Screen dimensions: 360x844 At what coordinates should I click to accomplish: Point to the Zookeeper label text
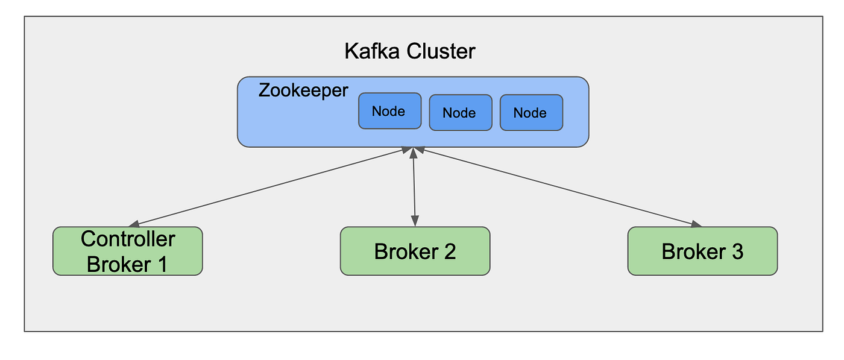pyautogui.click(x=303, y=90)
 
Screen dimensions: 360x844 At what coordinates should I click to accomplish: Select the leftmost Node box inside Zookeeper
pyautogui.click(x=389, y=111)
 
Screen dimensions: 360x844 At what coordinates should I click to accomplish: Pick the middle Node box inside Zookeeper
pyautogui.click(x=460, y=112)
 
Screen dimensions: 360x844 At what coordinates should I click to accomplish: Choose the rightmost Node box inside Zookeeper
pyautogui.click(x=531, y=112)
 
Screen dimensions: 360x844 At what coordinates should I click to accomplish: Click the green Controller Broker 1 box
pyautogui.click(x=127, y=251)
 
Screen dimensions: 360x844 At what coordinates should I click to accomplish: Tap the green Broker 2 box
pyautogui.click(x=415, y=251)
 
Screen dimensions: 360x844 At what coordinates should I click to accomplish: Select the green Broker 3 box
pyautogui.click(x=702, y=251)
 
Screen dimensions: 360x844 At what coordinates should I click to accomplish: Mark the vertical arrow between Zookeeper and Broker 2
pyautogui.click(x=414, y=187)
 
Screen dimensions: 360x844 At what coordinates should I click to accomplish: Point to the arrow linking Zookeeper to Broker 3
pyautogui.click(x=555, y=187)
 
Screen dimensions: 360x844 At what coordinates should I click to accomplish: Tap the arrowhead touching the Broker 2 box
pyautogui.click(x=415, y=222)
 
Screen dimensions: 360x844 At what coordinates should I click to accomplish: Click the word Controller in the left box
pyautogui.click(x=128, y=239)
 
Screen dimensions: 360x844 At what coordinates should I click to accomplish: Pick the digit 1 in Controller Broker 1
pyautogui.click(x=161, y=264)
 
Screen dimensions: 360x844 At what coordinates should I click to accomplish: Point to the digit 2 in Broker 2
pyautogui.click(x=449, y=251)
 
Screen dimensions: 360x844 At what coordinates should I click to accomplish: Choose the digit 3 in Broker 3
pyautogui.click(x=737, y=251)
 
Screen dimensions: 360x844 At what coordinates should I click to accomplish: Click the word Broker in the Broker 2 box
pyautogui.click(x=405, y=251)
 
